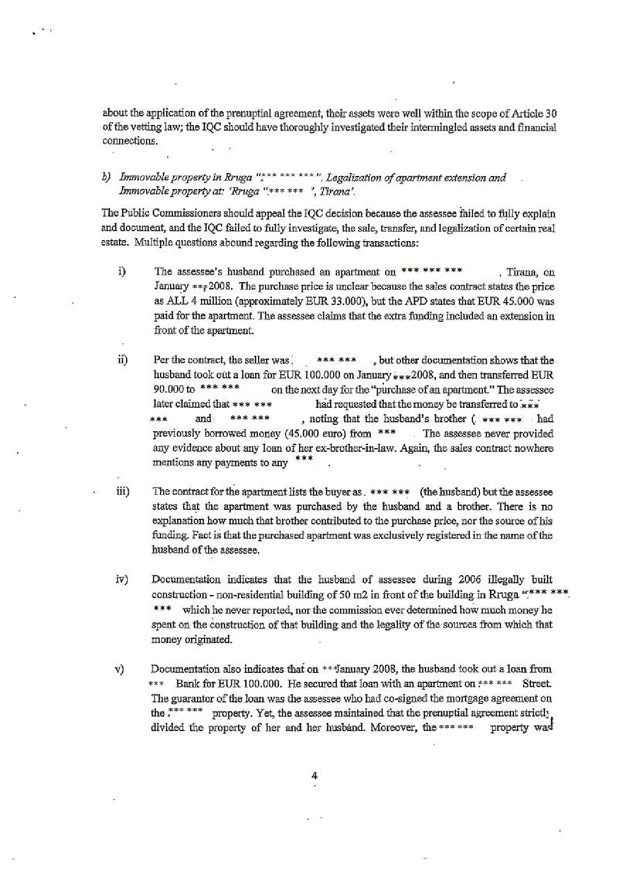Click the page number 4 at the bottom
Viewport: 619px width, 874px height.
[314, 776]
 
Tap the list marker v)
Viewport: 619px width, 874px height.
[120, 669]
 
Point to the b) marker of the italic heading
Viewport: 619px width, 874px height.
[106, 177]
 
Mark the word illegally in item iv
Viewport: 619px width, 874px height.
[502, 580]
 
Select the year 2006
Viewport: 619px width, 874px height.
[469, 580]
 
